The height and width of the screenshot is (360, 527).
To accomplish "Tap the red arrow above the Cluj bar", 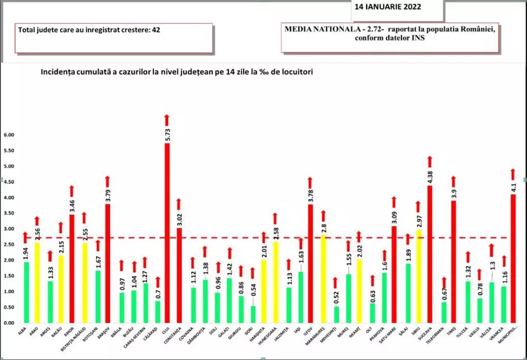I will pyautogui.click(x=167, y=118).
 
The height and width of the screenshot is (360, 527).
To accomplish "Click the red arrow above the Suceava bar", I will pyautogui.click(x=430, y=161).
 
